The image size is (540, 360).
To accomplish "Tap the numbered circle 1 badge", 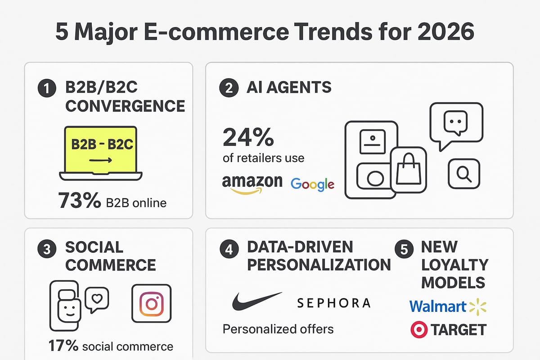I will (46, 89).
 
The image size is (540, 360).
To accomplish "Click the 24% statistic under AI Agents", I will (248, 137).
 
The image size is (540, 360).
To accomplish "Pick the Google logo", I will (312, 184).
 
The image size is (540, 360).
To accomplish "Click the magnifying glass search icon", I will (463, 173).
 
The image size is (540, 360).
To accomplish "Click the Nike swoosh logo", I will (256, 301).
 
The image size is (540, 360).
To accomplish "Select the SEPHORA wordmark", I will (333, 303).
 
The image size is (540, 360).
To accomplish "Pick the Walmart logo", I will (448, 306).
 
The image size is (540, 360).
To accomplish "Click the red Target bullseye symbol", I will (419, 330).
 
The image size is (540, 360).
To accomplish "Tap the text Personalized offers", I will (278, 329).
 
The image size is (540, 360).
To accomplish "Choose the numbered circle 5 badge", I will (404, 250).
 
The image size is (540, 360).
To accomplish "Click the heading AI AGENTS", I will (289, 87).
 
